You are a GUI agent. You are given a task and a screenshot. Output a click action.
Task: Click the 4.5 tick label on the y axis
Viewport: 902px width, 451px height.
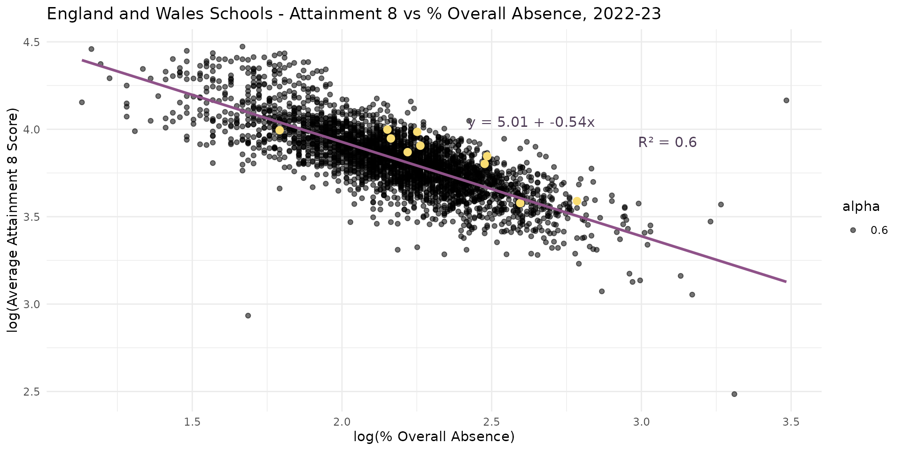31,42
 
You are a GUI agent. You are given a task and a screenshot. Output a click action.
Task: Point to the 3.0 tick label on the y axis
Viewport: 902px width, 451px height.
31,304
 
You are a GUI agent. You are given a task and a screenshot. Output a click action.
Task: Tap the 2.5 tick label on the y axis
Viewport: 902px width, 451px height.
31,392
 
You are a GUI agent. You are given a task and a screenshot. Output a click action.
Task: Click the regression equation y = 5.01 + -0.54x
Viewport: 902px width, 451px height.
531,123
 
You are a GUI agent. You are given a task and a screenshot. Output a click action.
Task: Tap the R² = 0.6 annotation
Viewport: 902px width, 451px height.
667,142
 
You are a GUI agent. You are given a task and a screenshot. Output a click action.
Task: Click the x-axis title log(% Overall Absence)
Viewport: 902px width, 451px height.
434,437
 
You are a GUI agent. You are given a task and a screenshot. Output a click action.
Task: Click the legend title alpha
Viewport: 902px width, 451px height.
861,207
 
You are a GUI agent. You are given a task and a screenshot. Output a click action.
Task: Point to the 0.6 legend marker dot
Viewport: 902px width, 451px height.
853,230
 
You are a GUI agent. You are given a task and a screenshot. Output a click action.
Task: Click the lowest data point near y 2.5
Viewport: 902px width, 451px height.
734,394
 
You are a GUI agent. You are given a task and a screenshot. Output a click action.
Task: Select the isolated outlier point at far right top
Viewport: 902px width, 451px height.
786,101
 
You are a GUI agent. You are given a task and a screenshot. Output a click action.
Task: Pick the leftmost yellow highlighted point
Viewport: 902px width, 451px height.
280,130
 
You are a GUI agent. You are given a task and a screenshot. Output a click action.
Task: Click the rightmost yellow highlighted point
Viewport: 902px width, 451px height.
577,201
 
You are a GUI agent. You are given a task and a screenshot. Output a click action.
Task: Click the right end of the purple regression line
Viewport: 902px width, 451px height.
785,281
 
